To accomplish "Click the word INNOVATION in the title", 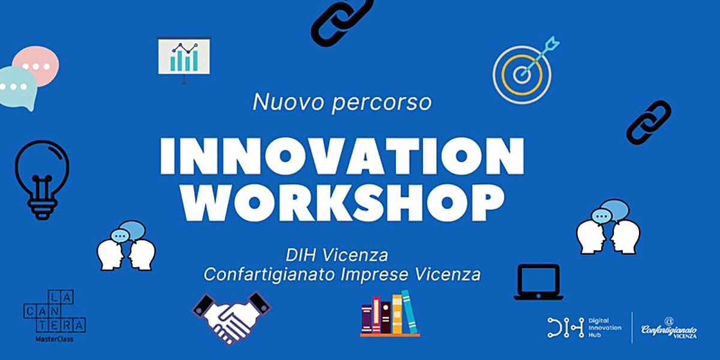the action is click(342, 156).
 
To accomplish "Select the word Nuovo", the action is click(288, 102).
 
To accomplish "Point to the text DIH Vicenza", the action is click(337, 255).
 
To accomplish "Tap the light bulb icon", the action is click(42, 179).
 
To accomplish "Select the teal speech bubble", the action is click(17, 88).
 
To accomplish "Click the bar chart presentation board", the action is click(184, 59).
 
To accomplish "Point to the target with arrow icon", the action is click(524, 71).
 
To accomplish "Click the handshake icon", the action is click(232, 317).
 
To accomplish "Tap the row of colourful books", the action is click(390, 314).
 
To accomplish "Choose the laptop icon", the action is click(538, 282).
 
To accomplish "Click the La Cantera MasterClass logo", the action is click(55, 316).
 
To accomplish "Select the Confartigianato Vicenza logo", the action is click(669, 328).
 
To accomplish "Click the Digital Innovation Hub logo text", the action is click(605, 328).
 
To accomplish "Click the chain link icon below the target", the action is click(649, 122).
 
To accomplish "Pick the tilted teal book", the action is click(409, 312).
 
